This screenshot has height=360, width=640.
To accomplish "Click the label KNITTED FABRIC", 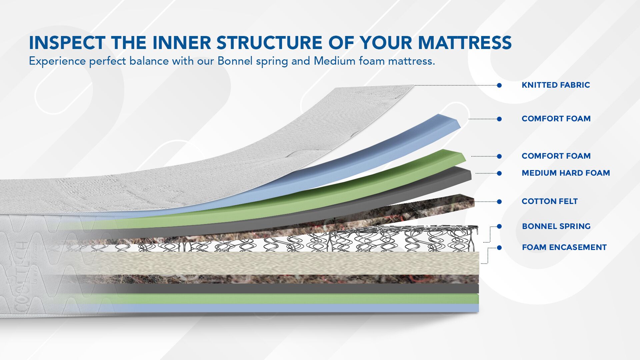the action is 556,85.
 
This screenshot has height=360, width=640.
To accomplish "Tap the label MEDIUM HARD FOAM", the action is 566,173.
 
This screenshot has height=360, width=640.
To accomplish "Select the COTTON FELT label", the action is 550,201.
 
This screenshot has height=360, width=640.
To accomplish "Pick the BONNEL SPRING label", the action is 556,226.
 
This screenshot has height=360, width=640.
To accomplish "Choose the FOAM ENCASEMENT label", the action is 564,247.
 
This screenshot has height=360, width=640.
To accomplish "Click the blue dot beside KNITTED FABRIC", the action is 499,85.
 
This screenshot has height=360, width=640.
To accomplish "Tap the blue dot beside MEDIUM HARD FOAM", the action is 499,173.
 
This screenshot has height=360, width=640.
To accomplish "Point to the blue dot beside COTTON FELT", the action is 499,202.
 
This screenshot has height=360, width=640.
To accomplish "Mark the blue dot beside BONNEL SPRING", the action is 499,226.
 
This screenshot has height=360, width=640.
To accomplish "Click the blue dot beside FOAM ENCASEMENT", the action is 499,248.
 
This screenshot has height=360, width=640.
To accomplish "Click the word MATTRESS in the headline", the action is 465,43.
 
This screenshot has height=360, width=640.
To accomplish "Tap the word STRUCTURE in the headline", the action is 269,43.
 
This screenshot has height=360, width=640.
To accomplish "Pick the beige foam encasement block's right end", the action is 479,263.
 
